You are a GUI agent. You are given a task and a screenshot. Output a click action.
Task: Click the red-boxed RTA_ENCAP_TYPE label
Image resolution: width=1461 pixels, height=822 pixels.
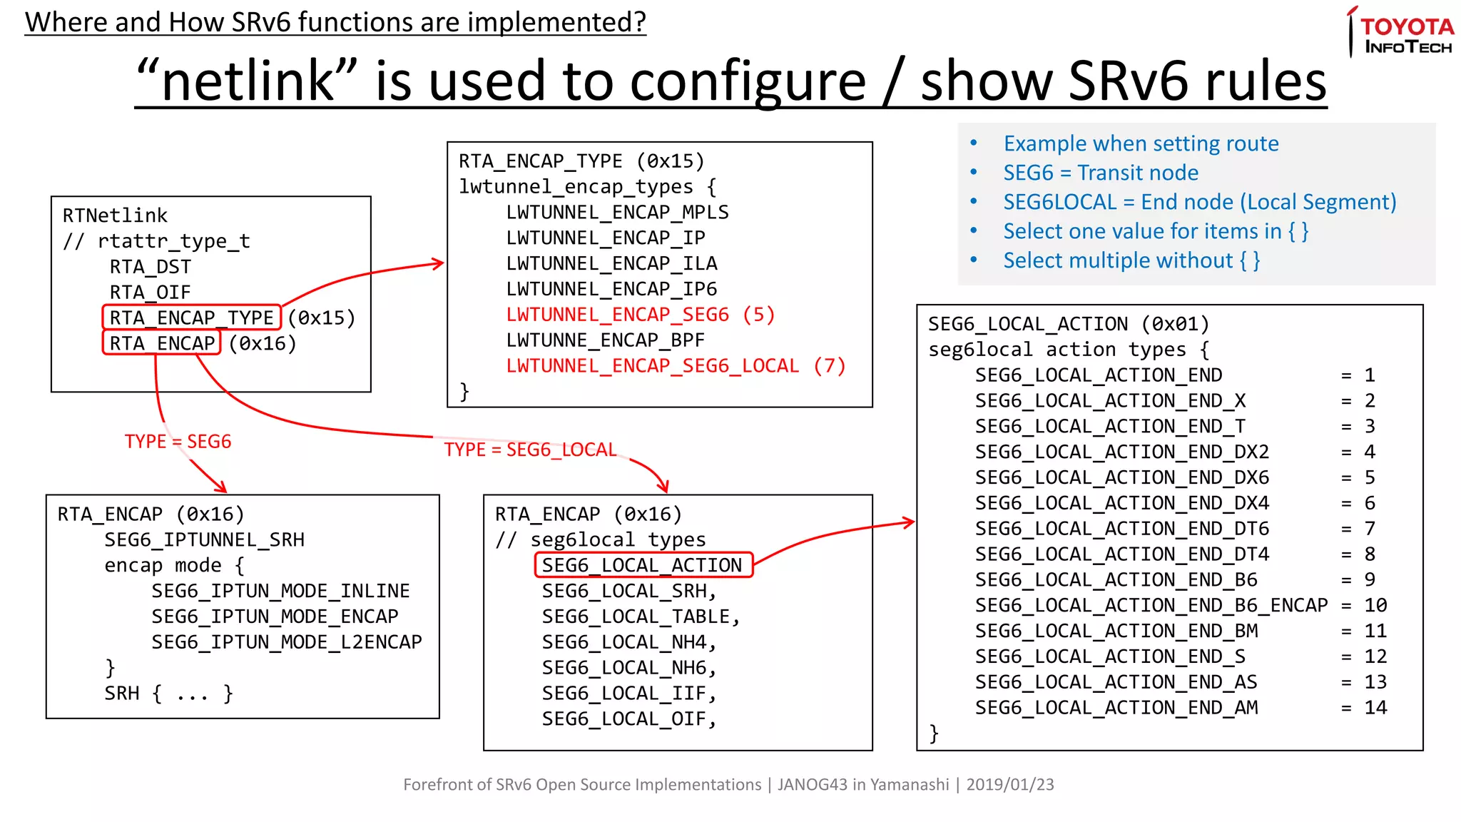(x=191, y=318)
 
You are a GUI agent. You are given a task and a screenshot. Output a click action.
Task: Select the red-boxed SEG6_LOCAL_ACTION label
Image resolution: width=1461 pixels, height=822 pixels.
(x=642, y=565)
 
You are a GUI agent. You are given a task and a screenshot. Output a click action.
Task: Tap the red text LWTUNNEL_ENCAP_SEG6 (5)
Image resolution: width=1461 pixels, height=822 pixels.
(x=640, y=315)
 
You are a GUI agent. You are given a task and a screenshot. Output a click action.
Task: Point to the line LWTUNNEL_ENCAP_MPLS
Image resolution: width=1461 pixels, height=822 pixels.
(x=617, y=213)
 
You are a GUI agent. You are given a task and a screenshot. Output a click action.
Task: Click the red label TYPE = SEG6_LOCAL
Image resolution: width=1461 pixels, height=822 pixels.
(x=530, y=450)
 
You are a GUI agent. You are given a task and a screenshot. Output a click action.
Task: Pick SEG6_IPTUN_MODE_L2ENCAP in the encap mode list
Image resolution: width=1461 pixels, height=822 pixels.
(x=286, y=642)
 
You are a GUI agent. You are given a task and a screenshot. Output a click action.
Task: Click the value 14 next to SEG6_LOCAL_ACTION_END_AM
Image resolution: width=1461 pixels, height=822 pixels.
(x=1375, y=708)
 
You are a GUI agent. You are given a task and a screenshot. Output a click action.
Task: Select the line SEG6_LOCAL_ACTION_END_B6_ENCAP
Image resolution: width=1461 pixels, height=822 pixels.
(x=1151, y=605)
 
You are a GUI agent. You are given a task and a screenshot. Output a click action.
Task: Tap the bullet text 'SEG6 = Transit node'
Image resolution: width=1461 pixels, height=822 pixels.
(x=1100, y=173)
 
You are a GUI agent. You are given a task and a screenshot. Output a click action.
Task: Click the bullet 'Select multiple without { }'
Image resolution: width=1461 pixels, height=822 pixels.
(x=1131, y=260)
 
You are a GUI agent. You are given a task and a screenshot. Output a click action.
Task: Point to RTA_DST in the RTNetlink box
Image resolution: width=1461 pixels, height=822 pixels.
(x=151, y=267)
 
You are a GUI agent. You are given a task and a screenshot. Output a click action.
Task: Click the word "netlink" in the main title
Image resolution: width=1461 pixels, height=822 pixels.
(x=246, y=81)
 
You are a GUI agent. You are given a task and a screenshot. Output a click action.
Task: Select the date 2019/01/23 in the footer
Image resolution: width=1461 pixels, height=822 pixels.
(x=1009, y=784)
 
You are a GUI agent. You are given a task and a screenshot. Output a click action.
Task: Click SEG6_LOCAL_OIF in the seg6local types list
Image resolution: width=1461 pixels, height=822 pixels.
(x=628, y=719)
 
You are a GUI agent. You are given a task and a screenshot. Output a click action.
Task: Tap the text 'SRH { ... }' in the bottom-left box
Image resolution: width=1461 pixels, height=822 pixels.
(x=168, y=694)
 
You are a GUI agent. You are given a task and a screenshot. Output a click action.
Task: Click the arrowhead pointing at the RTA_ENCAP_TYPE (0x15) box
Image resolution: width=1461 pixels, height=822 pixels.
(x=439, y=264)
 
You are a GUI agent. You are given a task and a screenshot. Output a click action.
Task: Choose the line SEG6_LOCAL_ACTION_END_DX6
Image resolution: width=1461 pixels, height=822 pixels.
(x=1121, y=477)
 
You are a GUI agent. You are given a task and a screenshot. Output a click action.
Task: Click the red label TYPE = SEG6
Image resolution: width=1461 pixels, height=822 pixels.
(x=178, y=442)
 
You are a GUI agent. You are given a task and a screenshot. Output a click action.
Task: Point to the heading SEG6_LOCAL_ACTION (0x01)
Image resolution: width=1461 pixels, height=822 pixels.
(x=1068, y=324)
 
